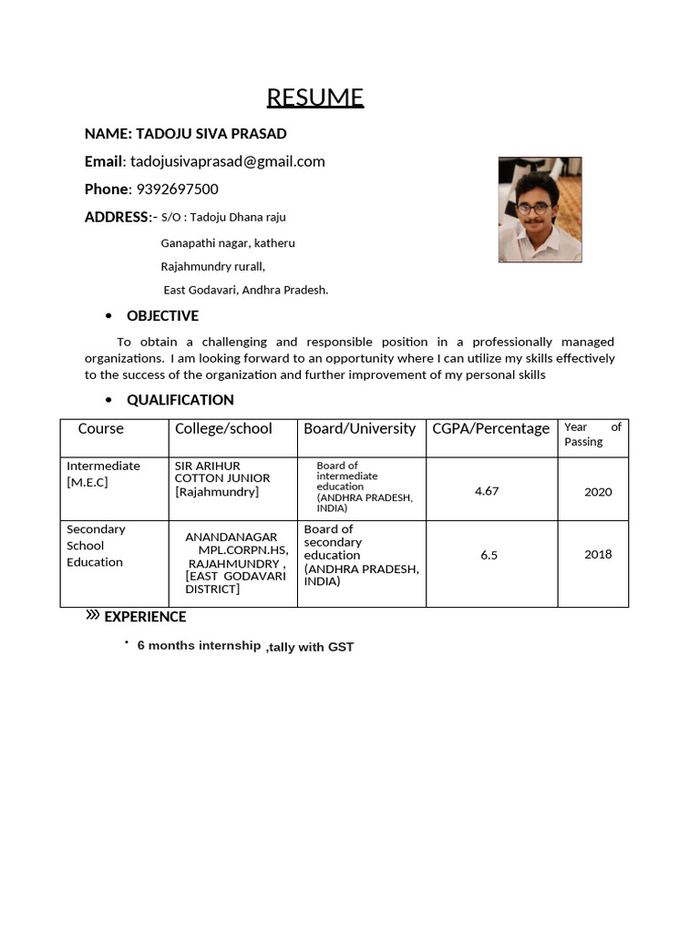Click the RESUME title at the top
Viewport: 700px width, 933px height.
tap(314, 97)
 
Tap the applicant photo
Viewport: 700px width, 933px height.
tap(540, 210)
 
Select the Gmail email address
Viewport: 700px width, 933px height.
tap(228, 161)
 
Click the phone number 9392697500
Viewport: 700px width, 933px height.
tap(177, 189)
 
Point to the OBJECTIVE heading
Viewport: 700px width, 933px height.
tap(162, 316)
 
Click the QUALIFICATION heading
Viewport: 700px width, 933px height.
tap(180, 400)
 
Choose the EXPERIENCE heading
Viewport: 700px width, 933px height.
tap(145, 617)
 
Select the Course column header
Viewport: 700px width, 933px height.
tap(100, 428)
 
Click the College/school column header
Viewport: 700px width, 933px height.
tap(223, 428)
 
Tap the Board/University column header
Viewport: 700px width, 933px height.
tap(359, 428)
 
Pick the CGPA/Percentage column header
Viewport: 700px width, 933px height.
tap(490, 428)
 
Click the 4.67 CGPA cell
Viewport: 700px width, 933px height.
tap(487, 491)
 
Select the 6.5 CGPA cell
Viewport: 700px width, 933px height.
tap(489, 555)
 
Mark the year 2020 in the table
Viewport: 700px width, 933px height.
tap(598, 492)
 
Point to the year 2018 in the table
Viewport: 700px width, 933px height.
tap(598, 554)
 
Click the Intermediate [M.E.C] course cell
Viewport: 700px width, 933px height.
tap(103, 474)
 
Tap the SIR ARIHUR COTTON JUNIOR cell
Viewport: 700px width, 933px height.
tap(222, 478)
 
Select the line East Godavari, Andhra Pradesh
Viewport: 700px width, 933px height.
tap(245, 290)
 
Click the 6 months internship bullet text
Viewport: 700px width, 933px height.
tap(199, 646)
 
